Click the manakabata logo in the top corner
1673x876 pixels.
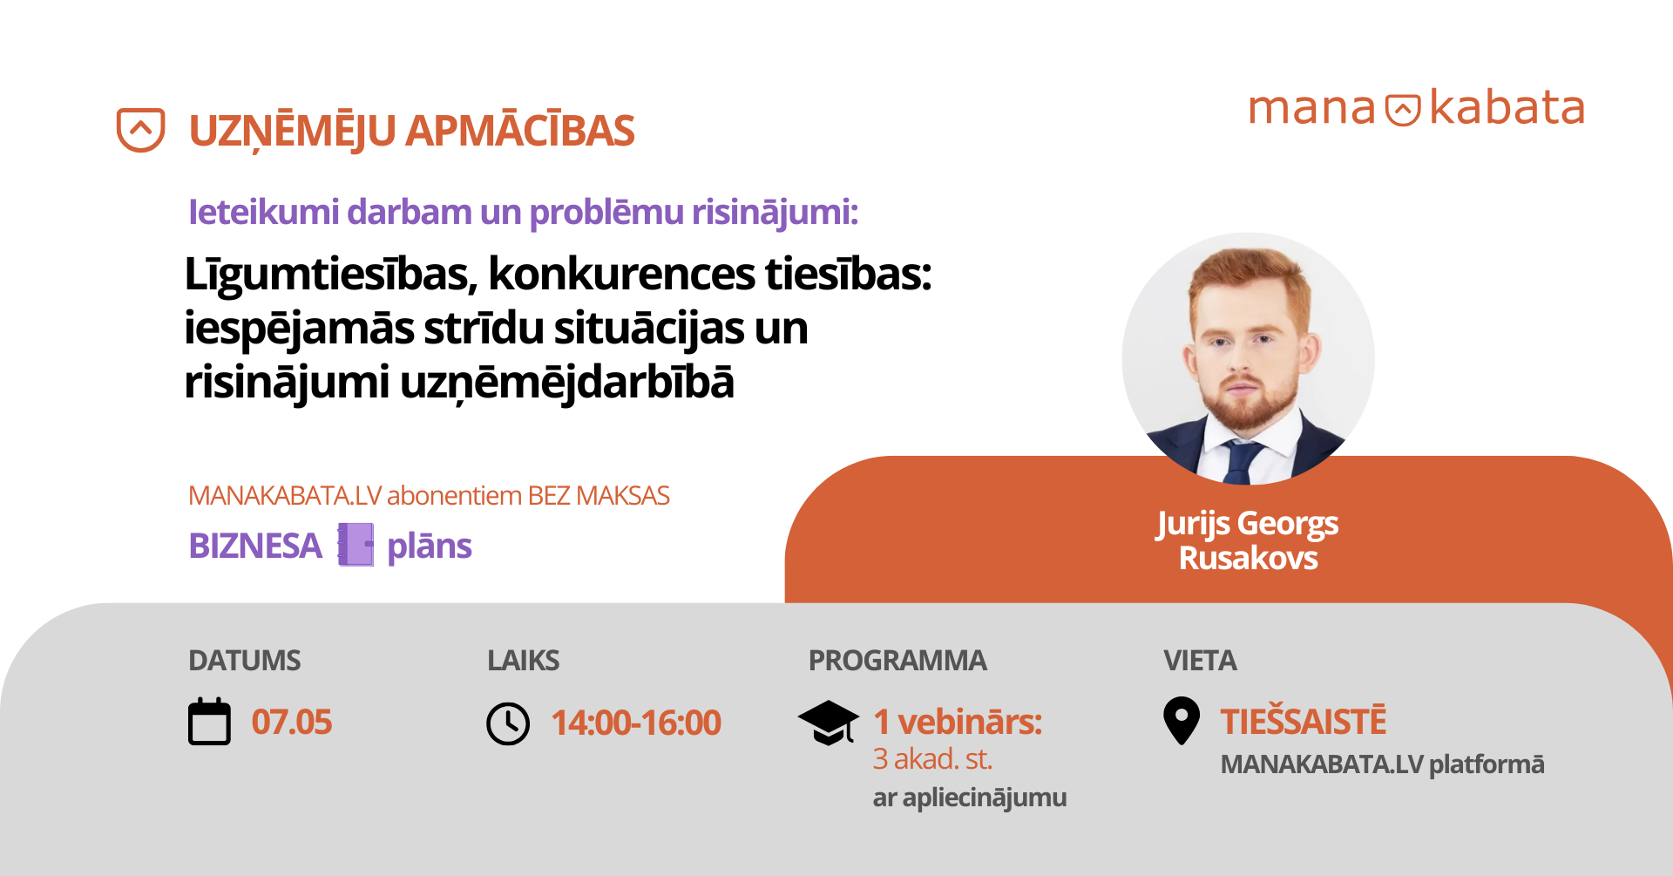(x=1417, y=109)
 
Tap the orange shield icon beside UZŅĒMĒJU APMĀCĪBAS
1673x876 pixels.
(x=140, y=130)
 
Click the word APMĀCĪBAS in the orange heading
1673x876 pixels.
(x=520, y=131)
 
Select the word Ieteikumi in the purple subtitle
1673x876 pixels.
(x=264, y=212)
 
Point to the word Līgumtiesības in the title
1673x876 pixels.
(x=330, y=275)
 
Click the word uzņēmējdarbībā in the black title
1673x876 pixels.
(x=567, y=383)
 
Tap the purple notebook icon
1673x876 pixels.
(x=356, y=545)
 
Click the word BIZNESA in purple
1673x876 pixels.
(x=255, y=546)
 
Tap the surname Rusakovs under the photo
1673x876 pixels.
(x=1248, y=558)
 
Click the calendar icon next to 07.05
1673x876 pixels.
(x=209, y=722)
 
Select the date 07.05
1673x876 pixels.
(x=292, y=723)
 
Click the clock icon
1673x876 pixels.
(x=508, y=723)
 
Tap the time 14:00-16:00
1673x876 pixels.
(x=636, y=723)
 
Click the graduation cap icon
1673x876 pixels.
(x=829, y=723)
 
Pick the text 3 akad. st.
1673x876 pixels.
(x=932, y=759)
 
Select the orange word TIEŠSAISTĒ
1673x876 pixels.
(x=1304, y=722)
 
